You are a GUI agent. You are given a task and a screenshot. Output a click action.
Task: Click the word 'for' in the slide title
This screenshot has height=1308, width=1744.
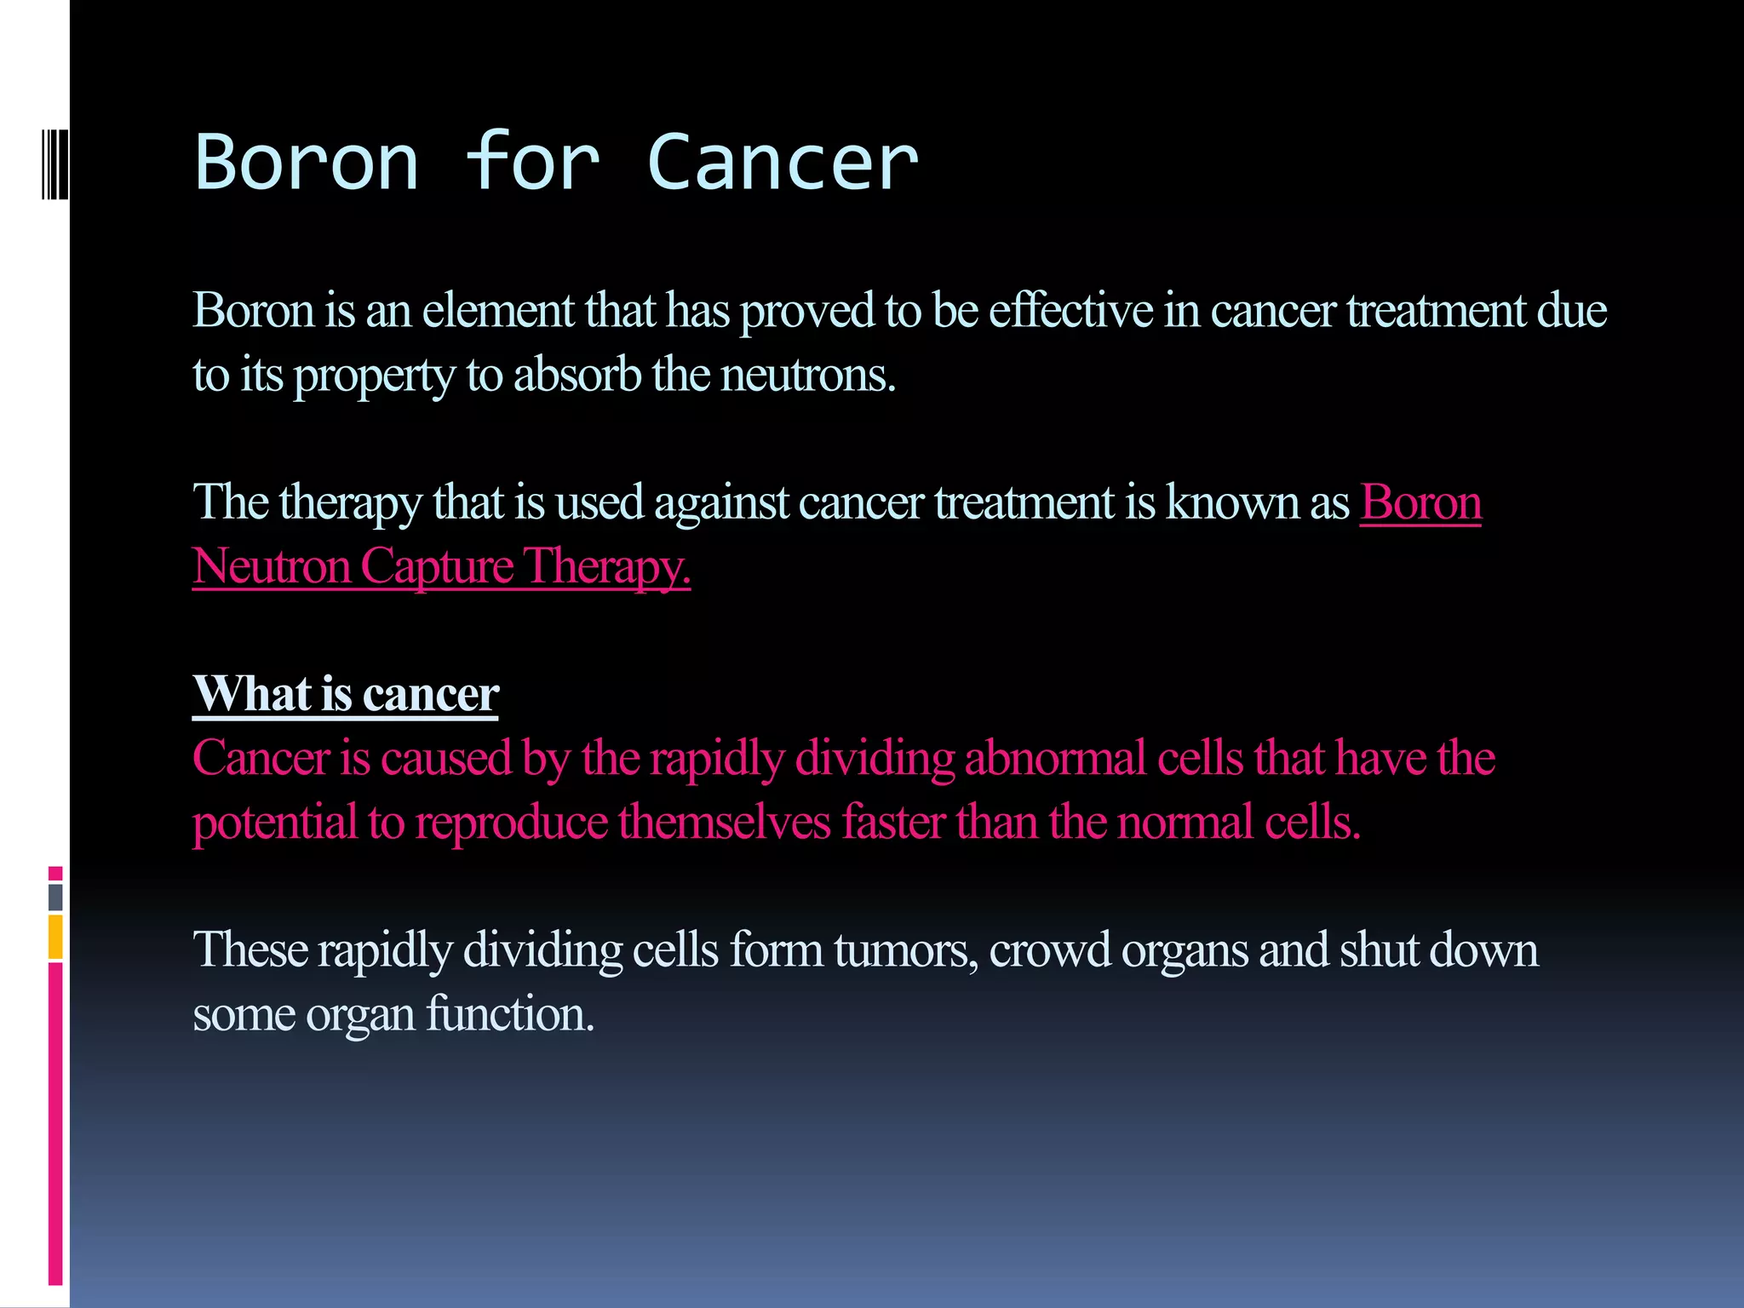coord(532,162)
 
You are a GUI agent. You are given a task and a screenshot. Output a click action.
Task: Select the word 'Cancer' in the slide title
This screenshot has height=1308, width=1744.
coord(783,162)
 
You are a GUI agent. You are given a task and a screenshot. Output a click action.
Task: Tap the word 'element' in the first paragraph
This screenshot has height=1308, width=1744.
coord(498,310)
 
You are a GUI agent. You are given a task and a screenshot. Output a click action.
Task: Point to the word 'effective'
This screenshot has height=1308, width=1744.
coord(1070,310)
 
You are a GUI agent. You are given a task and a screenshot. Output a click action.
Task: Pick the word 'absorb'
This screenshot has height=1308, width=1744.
coord(577,375)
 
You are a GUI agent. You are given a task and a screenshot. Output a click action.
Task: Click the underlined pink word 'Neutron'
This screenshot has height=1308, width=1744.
coord(271,566)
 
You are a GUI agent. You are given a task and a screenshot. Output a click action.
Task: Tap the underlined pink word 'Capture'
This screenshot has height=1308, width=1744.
coord(437,566)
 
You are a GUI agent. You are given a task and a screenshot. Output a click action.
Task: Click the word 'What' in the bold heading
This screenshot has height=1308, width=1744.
coord(252,693)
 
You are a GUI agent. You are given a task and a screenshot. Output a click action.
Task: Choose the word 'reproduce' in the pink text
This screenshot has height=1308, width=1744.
coord(511,822)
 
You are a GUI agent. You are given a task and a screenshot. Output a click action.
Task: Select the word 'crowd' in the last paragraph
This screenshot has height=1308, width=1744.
coord(1049,949)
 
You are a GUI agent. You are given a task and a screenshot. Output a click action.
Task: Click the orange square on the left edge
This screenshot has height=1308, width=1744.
coord(55,937)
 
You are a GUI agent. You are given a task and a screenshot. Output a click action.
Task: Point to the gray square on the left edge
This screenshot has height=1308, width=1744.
coord(55,898)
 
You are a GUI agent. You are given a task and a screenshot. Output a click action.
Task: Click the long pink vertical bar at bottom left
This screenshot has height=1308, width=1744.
coord(55,1124)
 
